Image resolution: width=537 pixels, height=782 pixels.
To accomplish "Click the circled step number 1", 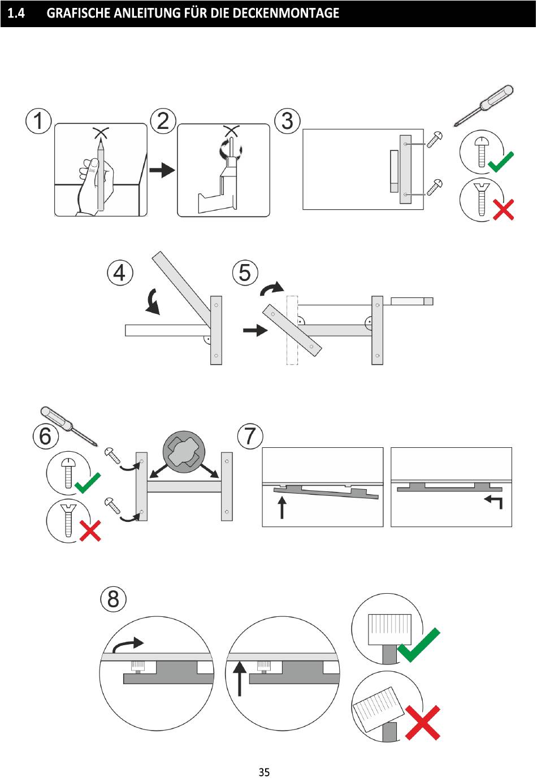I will click(38, 122).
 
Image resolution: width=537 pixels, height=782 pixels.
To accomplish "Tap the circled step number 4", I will click(120, 273).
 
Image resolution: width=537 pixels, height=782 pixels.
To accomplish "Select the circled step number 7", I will click(250, 437).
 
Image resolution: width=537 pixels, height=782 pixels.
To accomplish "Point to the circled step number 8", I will click(113, 599).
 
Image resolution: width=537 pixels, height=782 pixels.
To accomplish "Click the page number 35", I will click(264, 772).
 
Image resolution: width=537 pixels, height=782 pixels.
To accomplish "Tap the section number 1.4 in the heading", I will click(16, 13).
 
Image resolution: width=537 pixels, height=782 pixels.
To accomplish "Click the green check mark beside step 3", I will click(500, 162).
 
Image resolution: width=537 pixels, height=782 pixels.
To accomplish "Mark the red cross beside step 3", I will click(503, 210).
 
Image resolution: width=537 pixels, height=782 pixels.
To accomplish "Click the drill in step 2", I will click(226, 181).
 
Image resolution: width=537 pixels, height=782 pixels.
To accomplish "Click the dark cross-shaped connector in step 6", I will click(183, 451).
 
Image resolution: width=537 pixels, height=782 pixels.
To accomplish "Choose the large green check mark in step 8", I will click(419, 645).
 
